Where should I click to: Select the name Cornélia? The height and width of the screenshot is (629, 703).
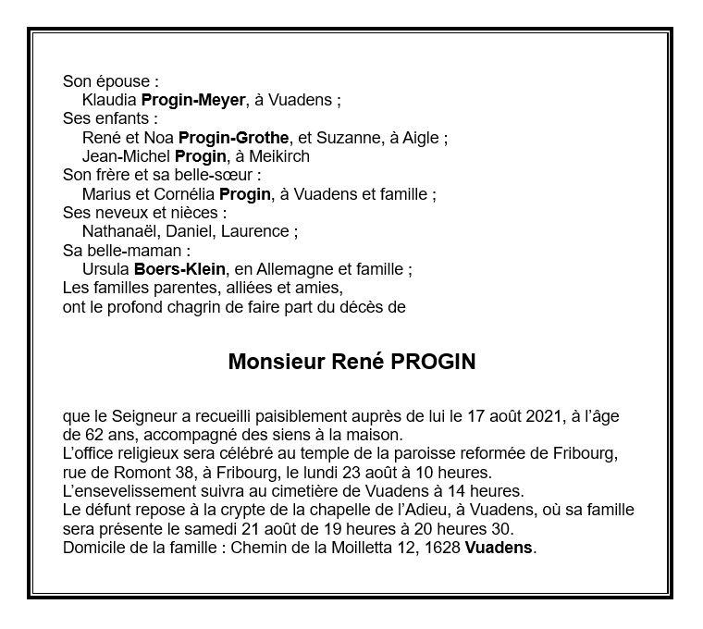click(184, 194)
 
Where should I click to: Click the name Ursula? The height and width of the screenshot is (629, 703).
click(105, 269)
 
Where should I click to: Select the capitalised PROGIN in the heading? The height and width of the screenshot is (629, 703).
click(433, 363)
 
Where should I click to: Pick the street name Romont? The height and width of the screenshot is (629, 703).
click(118, 473)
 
